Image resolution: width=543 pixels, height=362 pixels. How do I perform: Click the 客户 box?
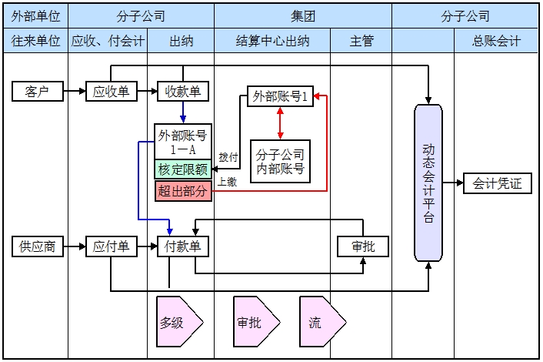tap(37, 92)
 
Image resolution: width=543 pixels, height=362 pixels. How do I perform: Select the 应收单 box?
tap(110, 92)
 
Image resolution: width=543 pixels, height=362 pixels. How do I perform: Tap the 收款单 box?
tap(183, 92)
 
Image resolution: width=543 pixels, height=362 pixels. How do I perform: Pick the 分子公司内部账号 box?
tap(280, 160)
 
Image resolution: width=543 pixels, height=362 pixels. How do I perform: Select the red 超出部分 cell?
tap(183, 191)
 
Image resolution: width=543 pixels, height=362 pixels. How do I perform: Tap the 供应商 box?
tap(37, 247)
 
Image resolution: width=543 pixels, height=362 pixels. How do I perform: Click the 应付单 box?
tap(110, 247)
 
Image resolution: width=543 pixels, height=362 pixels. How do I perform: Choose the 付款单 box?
tap(183, 247)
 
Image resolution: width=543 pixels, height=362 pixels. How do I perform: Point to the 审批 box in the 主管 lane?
tap(363, 247)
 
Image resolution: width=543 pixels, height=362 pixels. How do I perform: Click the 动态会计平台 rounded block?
tap(428, 183)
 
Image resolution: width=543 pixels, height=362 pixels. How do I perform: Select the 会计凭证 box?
tap(498, 183)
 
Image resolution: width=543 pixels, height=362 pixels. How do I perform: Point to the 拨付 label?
tap(228, 157)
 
